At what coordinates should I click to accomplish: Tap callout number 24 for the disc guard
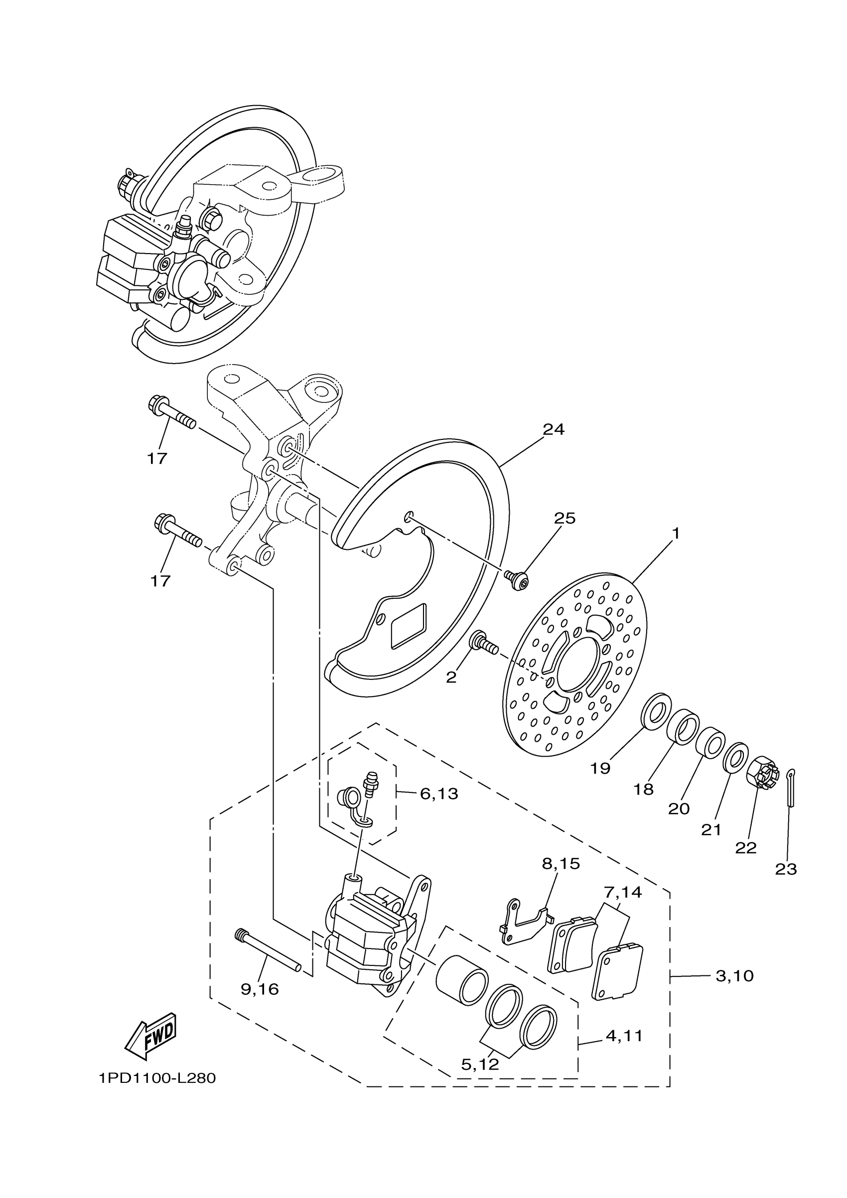(554, 429)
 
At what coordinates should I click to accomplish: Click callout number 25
(564, 518)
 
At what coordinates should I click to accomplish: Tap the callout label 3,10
(734, 976)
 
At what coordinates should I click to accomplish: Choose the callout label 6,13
(439, 794)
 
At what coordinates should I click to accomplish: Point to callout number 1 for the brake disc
(676, 534)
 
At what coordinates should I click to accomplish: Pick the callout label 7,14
(623, 892)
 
